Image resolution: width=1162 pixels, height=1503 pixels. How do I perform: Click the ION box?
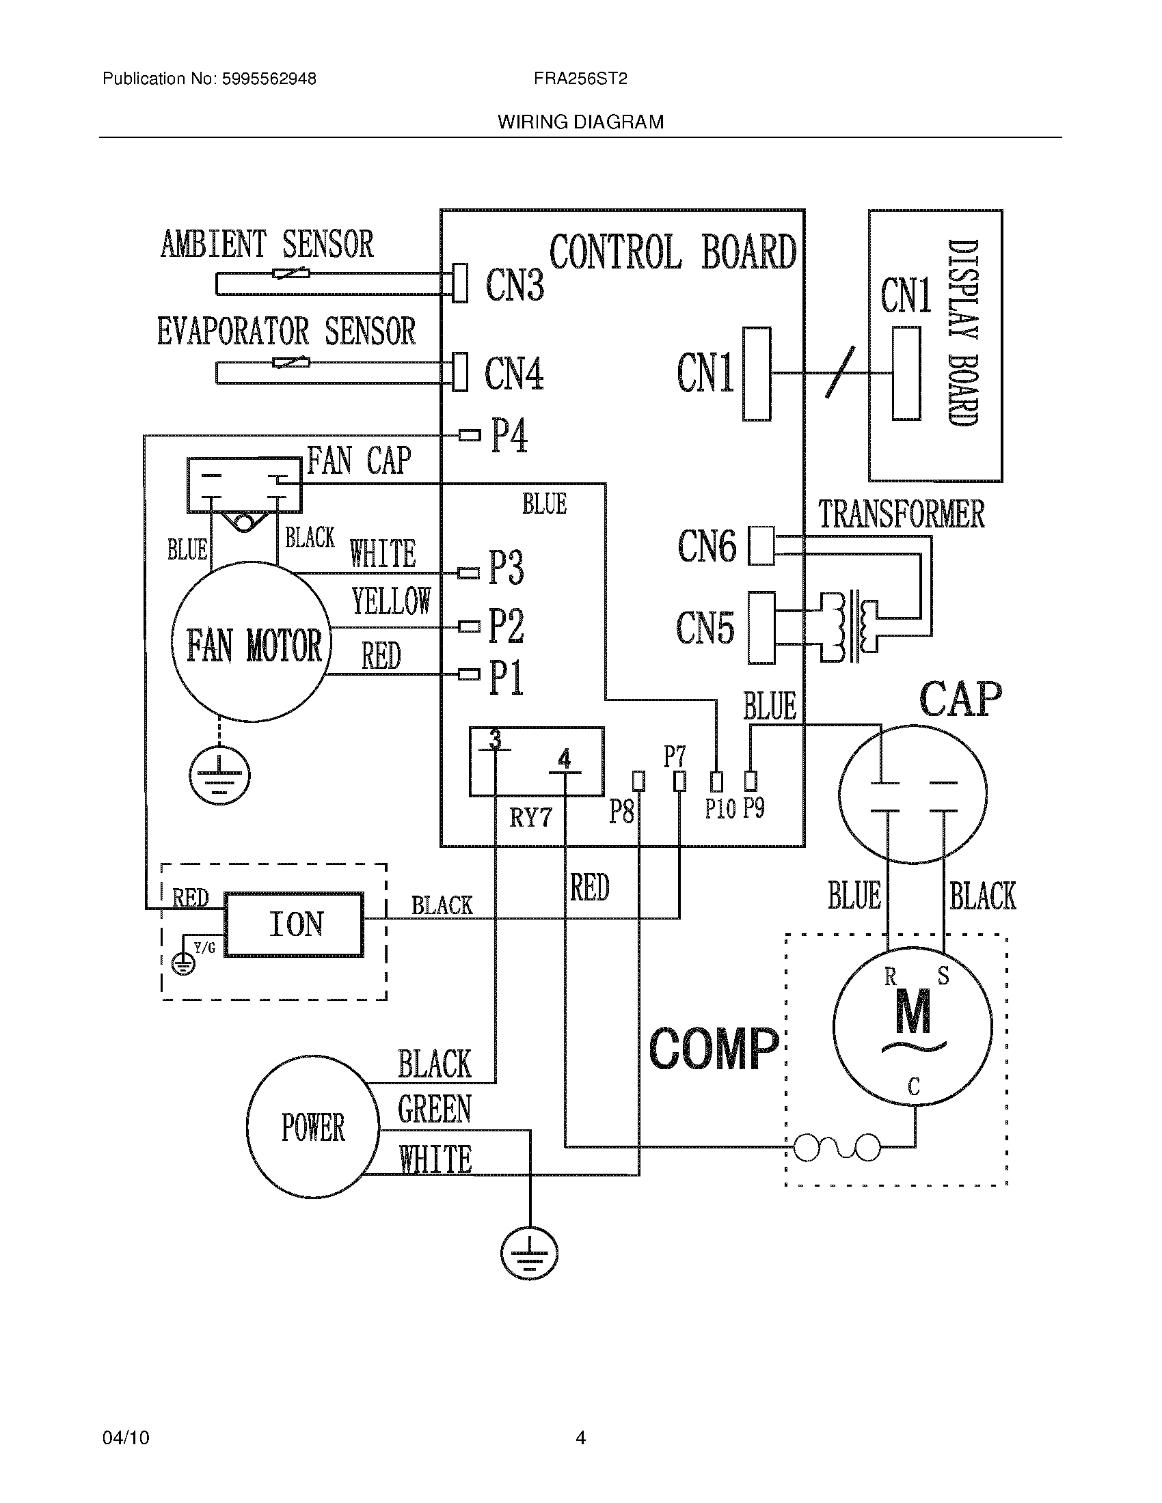click(x=295, y=924)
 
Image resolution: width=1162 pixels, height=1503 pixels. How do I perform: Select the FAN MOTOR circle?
click(x=252, y=642)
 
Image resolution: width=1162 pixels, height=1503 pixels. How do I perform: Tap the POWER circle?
click(x=312, y=1127)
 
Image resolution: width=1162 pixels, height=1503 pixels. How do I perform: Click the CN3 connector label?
click(x=514, y=285)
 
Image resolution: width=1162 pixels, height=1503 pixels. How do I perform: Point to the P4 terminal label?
click(x=509, y=436)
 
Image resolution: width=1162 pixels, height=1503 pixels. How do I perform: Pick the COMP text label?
click(x=713, y=1050)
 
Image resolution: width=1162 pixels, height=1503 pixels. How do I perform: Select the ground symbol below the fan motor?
click(x=219, y=775)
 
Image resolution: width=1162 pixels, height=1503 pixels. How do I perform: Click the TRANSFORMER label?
click(x=900, y=514)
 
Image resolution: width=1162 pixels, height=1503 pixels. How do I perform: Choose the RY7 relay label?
click(x=530, y=818)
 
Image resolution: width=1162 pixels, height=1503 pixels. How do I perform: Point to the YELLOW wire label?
click(x=391, y=601)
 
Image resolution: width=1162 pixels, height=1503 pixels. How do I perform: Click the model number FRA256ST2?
click(x=580, y=79)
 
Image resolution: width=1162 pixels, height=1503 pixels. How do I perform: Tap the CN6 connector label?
click(x=706, y=546)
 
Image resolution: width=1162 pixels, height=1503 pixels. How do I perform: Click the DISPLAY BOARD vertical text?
click(x=962, y=333)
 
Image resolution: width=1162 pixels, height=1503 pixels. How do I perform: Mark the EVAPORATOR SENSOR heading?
click(x=286, y=331)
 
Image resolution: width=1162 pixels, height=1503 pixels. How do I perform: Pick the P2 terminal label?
click(x=506, y=626)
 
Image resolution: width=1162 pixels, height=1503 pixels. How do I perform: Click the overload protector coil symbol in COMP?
click(x=837, y=1147)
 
